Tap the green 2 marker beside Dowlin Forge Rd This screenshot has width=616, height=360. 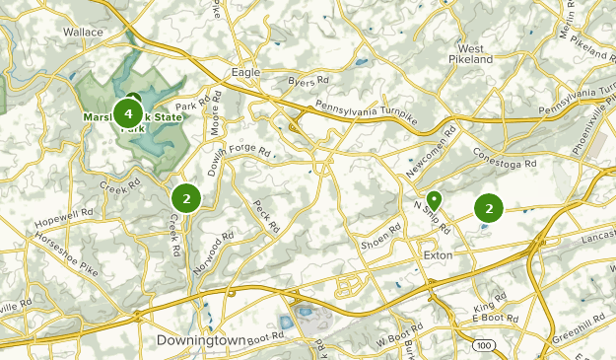pyautogui.click(x=186, y=198)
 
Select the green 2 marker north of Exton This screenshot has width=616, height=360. pyautogui.click(x=489, y=208)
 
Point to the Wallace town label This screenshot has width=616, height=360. pyautogui.click(x=83, y=32)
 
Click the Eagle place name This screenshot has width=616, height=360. pyautogui.click(x=244, y=72)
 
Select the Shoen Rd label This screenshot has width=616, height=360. pyautogui.click(x=382, y=239)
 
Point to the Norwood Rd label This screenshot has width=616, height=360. pyautogui.click(x=215, y=252)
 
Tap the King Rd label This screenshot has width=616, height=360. pyautogui.click(x=489, y=308)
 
